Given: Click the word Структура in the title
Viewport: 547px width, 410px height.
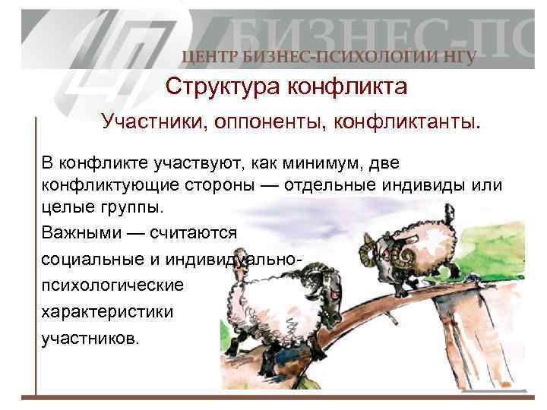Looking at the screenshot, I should coord(222,87).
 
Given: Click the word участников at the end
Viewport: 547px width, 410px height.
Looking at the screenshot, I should coord(90,338).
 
